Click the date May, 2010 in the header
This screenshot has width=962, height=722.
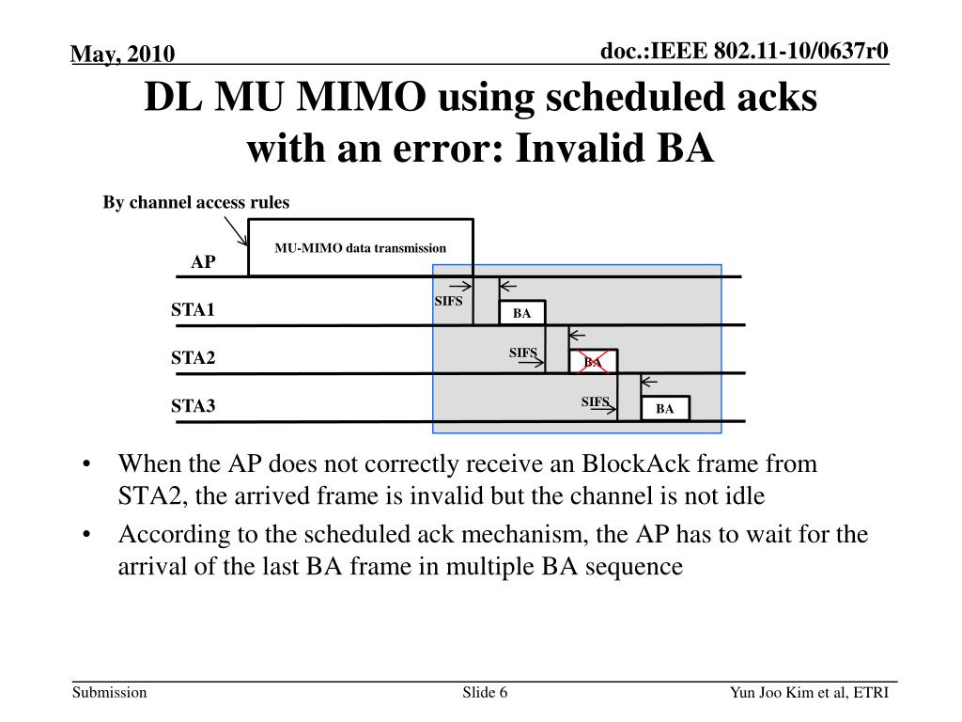coord(123,55)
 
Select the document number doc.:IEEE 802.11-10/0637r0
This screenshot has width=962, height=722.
coord(745,51)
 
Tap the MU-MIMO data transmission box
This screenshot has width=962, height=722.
coord(360,248)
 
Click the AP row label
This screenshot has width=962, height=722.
coord(203,262)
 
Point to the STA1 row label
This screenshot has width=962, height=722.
coord(193,309)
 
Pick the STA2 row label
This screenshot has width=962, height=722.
coord(193,358)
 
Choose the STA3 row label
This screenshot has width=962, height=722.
coord(193,406)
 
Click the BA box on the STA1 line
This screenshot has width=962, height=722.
coord(521,313)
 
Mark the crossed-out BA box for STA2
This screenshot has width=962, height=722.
coord(593,361)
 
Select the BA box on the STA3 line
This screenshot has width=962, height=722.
coord(665,408)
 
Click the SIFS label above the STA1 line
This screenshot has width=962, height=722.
coord(448,301)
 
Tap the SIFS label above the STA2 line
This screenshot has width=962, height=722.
coord(523,353)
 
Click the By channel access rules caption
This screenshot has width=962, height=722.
coord(196,202)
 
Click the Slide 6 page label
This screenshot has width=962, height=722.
coord(485,693)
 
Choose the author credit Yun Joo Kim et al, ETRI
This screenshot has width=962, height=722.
coord(809,693)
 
